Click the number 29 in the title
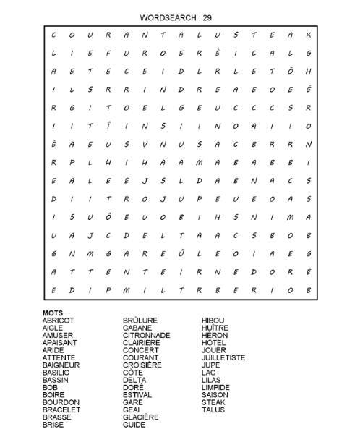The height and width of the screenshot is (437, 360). (208, 17)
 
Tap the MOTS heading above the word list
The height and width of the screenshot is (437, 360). (52, 313)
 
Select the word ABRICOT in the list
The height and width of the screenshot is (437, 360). (58, 321)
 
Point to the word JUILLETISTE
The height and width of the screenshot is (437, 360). (223, 357)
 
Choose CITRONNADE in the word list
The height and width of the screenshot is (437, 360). (146, 336)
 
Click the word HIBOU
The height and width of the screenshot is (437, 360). (213, 321)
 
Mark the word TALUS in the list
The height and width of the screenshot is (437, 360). (213, 410)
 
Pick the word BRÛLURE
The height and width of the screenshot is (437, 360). (140, 321)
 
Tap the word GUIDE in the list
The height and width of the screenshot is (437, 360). (134, 425)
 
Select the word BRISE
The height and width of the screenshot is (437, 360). (53, 425)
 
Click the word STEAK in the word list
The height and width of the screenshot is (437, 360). (213, 402)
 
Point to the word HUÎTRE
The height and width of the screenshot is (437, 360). (215, 328)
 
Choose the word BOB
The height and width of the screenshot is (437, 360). (49, 387)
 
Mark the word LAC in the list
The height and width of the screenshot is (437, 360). (208, 373)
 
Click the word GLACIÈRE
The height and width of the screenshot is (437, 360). (140, 417)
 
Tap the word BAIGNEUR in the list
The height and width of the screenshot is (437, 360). (61, 365)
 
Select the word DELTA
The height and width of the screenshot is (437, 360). (134, 380)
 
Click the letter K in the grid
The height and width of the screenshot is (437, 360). (309, 34)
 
